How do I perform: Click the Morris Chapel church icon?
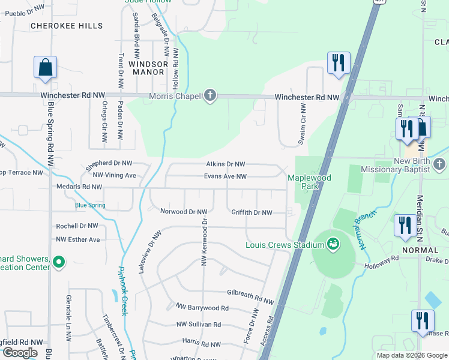209,96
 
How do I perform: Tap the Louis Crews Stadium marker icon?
332,244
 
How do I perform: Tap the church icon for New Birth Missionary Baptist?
439,164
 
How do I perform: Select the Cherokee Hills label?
66,26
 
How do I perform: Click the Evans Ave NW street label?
225,176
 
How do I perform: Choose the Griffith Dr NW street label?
252,212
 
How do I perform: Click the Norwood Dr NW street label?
184,212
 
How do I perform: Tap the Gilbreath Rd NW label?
250,294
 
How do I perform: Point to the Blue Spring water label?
90,205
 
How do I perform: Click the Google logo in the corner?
20,352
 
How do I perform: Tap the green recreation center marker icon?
59,262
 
